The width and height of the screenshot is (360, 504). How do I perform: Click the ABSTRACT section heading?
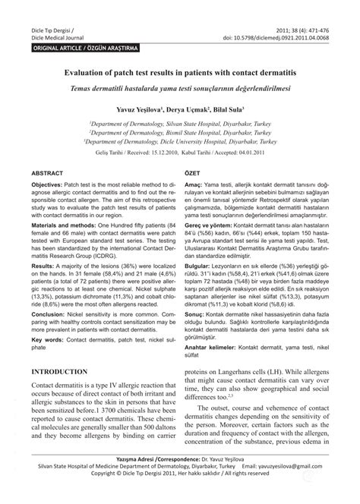pos(47,194)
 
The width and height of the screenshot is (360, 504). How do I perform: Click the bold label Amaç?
pos(194,206)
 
